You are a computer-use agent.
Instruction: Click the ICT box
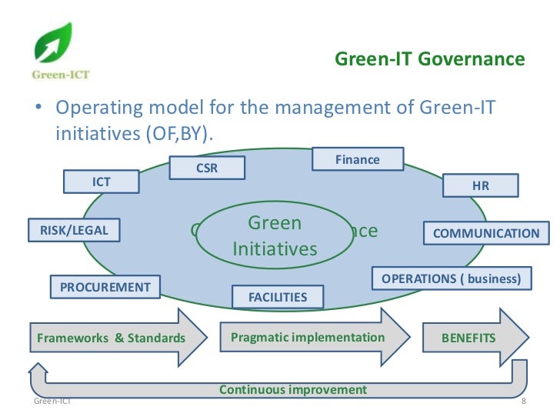[101, 182]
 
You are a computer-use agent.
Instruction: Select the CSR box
[207, 168]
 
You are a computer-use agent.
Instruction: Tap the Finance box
[358, 159]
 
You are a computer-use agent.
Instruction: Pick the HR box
[480, 185]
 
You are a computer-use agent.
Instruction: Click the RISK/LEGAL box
[68, 229]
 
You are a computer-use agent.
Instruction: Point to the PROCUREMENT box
[105, 287]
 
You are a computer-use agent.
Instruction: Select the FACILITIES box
[278, 296]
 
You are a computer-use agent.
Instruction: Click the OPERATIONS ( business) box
[452, 278]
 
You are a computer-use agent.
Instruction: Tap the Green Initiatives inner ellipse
[275, 236]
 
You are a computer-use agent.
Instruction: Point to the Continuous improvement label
[293, 390]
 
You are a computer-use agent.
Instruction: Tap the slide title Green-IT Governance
[430, 59]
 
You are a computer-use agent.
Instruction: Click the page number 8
[523, 403]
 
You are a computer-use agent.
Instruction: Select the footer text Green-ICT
[52, 402]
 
